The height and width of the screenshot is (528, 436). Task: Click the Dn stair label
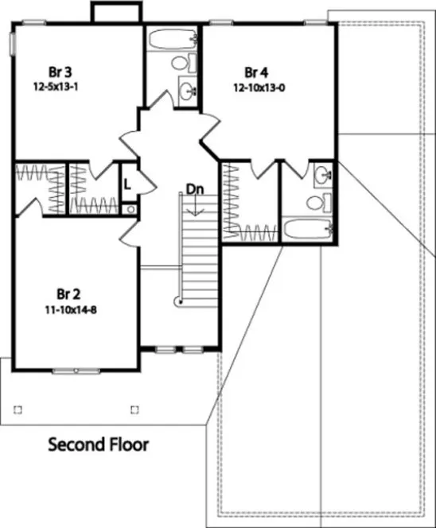click(195, 189)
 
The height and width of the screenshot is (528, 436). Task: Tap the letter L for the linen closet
click(127, 183)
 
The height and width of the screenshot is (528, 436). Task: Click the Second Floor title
click(98, 444)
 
